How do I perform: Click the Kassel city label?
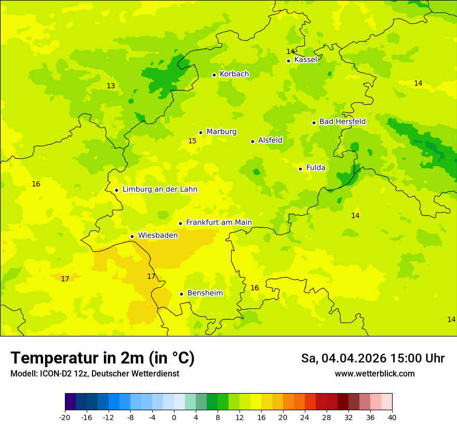tap(305, 60)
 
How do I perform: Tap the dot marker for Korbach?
tap(214, 75)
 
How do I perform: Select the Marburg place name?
tap(221, 132)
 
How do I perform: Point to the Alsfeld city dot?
tap(253, 141)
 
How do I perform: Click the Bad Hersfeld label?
tap(342, 122)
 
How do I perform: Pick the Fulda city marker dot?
tap(300, 169)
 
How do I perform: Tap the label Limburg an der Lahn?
tap(159, 190)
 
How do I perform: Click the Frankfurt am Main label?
tap(219, 222)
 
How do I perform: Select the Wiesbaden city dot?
tap(132, 237)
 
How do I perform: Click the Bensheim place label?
tap(205, 293)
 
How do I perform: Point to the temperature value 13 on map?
tap(111, 86)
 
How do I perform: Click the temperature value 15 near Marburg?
tap(192, 141)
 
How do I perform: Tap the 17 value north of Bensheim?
tap(151, 276)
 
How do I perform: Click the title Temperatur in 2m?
tap(102, 358)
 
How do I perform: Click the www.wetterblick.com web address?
tap(374, 374)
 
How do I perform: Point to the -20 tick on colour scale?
tap(65, 417)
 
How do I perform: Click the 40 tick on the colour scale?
tap(392, 417)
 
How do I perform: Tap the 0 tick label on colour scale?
tap(174, 417)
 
